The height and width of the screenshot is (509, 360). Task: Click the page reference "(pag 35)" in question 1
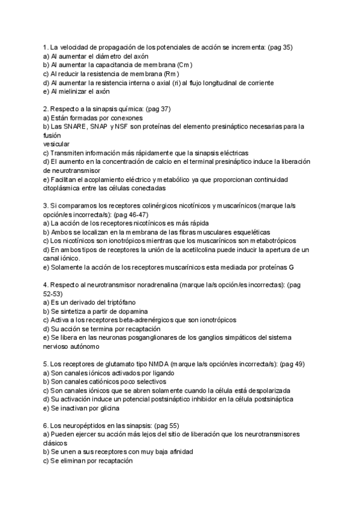pyautogui.click(x=278, y=47)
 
